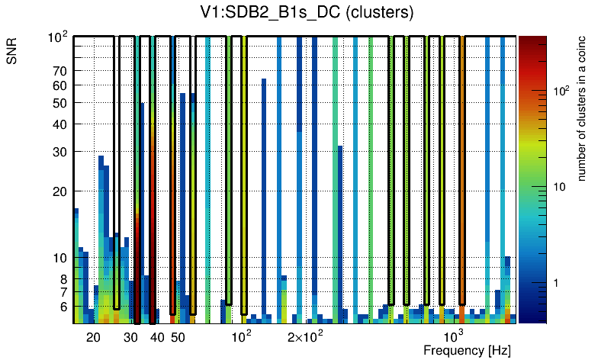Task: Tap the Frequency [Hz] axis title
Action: [467, 350]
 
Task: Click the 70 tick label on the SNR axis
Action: [59, 71]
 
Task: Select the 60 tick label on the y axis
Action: [59, 85]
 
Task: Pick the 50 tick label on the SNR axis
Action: [59, 103]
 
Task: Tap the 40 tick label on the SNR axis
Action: [59, 124]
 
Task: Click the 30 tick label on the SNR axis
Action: [59, 151]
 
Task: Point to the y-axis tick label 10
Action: [59, 258]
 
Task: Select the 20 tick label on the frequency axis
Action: [93, 337]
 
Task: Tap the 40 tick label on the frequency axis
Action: [157, 337]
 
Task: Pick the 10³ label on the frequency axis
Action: [454, 336]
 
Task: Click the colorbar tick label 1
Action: [558, 283]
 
